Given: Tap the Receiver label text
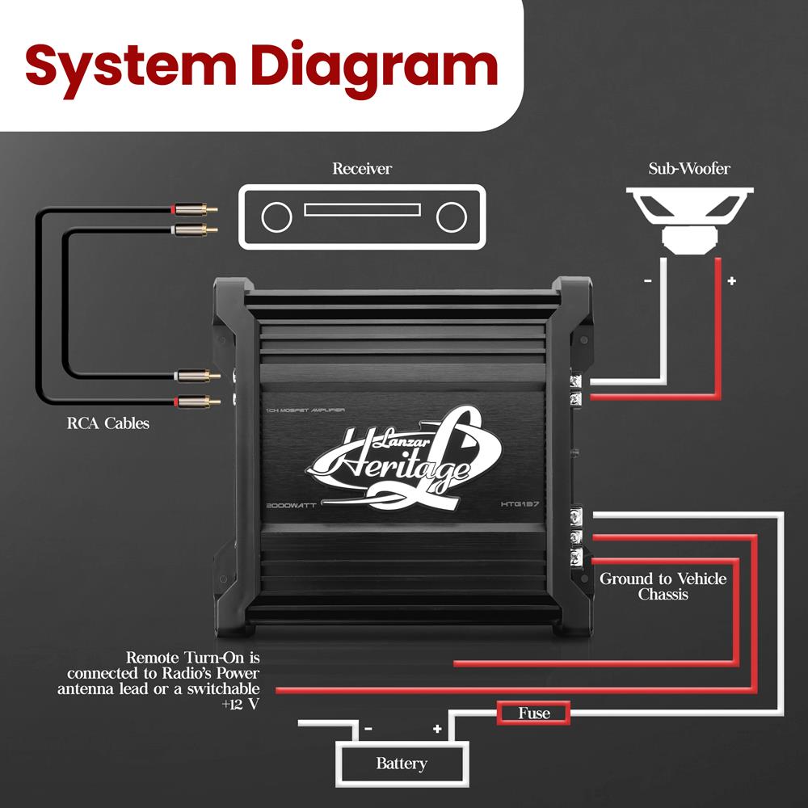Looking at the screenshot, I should coord(362,169).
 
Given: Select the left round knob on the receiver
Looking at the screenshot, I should coord(276,217).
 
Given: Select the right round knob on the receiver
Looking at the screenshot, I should coord(451,217).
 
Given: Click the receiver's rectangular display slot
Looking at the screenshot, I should coord(362,209).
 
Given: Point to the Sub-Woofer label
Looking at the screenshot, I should coord(689,169).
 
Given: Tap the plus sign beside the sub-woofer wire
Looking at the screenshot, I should coord(732,281).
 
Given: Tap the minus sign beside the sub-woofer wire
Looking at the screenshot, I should coord(648,281).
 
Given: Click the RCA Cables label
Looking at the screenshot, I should coord(107,423).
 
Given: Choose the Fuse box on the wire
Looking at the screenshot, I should coord(534,713).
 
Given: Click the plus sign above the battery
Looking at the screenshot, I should coord(437,729).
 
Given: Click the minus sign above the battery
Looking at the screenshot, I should coord(368,729).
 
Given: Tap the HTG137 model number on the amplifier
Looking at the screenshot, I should coord(520,504).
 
